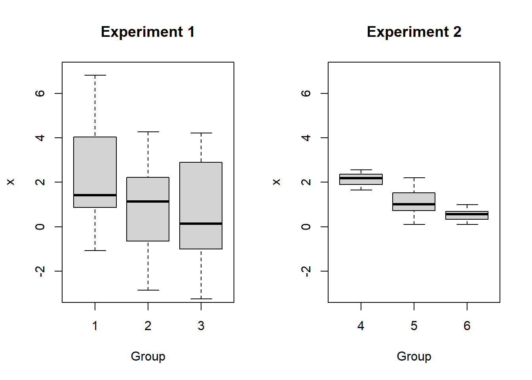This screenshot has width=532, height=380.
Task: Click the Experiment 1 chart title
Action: click(x=148, y=32)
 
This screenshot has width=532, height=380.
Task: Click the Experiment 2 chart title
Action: click(x=414, y=32)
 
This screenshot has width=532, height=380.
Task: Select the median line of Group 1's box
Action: click(x=95, y=195)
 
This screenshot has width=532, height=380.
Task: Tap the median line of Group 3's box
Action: click(x=201, y=224)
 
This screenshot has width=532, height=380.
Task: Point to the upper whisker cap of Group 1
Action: click(x=95, y=75)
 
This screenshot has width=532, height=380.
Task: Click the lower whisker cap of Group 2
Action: click(x=148, y=290)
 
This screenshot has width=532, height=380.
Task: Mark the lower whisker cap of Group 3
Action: click(x=201, y=299)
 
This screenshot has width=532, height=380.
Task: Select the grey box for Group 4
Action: click(x=361, y=182)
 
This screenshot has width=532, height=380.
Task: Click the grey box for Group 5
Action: click(x=414, y=198)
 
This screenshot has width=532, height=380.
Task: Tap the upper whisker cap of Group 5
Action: click(x=414, y=178)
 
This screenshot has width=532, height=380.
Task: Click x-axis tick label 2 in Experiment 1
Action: click(x=148, y=326)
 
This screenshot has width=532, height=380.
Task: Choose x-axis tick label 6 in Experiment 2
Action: click(x=467, y=326)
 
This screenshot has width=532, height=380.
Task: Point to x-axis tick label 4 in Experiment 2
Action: click(x=361, y=326)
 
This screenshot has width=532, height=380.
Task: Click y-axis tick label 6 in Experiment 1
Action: click(x=40, y=93)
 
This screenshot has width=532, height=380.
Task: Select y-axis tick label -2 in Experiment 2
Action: click(x=306, y=271)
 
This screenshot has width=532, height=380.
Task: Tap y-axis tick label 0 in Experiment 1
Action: click(x=40, y=226)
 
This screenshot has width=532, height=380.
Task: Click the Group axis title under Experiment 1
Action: click(x=148, y=356)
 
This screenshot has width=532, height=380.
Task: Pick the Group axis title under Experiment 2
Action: click(x=414, y=356)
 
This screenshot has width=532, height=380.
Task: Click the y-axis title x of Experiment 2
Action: click(x=277, y=182)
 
